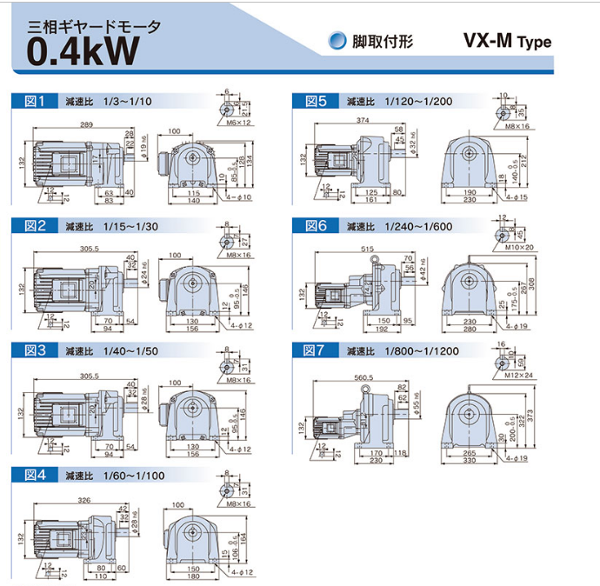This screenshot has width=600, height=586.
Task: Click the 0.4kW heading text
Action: (x=83, y=50)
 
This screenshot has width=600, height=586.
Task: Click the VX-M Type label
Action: (x=507, y=41)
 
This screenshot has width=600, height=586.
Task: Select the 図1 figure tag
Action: (x=34, y=102)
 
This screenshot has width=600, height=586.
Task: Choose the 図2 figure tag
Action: (x=34, y=226)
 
